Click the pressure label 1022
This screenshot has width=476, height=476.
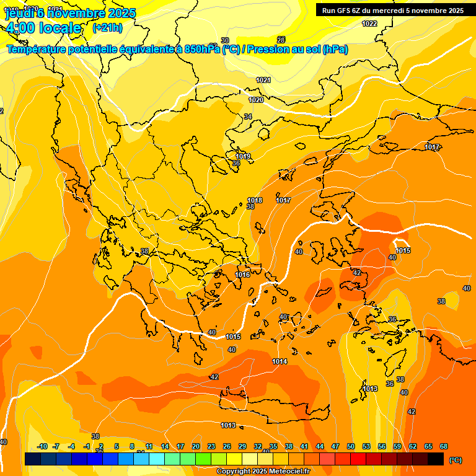[369, 24]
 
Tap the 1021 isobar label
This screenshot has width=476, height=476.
[264, 80]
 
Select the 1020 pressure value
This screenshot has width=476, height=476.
[256, 100]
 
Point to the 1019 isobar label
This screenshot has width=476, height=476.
[243, 156]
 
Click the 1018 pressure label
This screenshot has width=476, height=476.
[255, 200]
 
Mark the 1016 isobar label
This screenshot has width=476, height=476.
[242, 275]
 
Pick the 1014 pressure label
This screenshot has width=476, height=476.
[280, 361]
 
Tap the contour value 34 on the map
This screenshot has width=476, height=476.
[248, 117]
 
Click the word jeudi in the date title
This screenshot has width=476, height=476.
[19, 13]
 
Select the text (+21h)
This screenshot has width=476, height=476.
[107, 28]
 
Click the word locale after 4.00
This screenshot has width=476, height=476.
[60, 28]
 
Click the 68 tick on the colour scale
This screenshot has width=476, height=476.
[444, 446]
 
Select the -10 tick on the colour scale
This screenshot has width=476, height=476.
[42, 446]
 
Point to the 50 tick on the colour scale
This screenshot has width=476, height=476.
[351, 446]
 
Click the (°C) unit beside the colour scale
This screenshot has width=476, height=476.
[456, 460]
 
